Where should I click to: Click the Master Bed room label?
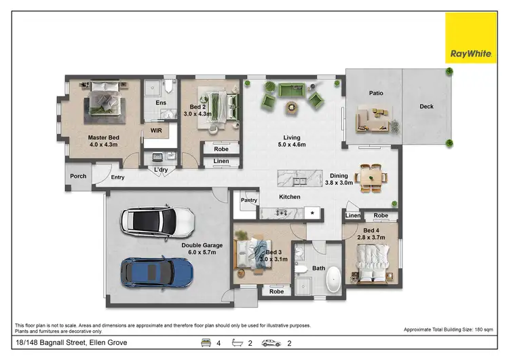click(x=103, y=137)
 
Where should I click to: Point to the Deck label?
click(x=426, y=107)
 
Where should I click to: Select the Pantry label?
click(x=249, y=200)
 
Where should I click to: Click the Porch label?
click(x=79, y=177)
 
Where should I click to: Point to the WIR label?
click(x=155, y=132)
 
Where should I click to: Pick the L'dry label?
click(x=161, y=169)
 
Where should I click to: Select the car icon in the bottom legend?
click(x=271, y=343)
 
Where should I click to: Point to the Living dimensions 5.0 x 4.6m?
click(x=292, y=145)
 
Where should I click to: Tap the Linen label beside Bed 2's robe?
click(x=221, y=161)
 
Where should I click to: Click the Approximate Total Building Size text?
click(x=451, y=329)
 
